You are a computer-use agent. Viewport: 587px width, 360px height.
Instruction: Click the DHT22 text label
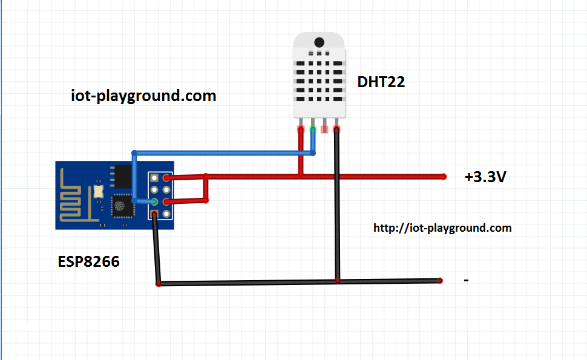pos(381,82)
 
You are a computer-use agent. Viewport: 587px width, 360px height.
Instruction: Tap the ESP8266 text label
pos(89,261)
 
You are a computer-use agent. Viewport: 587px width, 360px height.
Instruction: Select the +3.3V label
pos(485,177)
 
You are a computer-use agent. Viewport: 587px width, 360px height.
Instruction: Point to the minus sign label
pos(466,280)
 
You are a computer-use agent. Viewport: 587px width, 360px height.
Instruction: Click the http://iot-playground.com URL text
pos(442,228)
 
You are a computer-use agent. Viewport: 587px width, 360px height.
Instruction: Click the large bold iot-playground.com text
pos(143,96)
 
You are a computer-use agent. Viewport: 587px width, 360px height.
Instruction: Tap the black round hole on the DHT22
pos(320,42)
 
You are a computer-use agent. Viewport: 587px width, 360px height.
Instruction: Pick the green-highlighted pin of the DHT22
pos(313,129)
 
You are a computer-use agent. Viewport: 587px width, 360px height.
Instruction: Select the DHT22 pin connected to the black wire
pos(336,129)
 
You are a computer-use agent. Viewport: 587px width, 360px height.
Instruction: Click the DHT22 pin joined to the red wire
pos(301,129)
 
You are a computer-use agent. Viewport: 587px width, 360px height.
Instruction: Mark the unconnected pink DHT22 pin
pos(324,129)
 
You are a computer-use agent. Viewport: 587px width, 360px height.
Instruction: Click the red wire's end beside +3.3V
pos(444,177)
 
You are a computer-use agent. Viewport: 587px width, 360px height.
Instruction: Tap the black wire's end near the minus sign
pos(440,280)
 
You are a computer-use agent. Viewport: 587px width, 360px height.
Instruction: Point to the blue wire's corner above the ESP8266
pos(134,153)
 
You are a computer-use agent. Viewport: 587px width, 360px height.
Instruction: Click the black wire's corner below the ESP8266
pos(159,284)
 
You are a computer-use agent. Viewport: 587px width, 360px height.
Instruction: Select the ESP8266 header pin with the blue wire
pos(154,202)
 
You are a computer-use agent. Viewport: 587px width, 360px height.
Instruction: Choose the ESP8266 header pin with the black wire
pos(154,214)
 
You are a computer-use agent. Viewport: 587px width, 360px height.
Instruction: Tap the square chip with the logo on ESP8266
pos(122,206)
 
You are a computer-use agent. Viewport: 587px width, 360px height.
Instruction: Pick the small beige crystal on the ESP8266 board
pos(99,192)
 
